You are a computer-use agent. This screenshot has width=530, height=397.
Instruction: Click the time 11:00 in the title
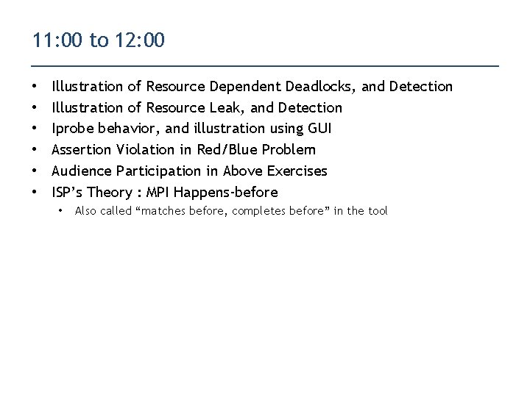tap(57, 40)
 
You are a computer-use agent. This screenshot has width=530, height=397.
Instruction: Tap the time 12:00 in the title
tap(140, 40)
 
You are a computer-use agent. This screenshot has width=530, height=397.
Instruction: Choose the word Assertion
tap(82, 150)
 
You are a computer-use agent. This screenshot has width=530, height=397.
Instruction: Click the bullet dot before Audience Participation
tap(36, 171)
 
